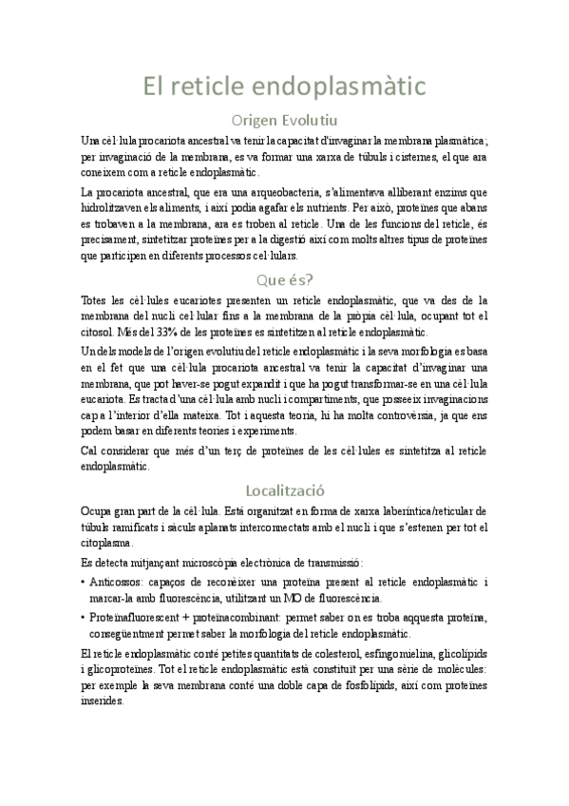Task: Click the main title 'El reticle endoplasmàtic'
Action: pos(284,86)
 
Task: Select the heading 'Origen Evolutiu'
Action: pos(284,121)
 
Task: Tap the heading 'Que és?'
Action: pos(284,279)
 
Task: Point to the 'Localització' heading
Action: pos(284,490)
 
